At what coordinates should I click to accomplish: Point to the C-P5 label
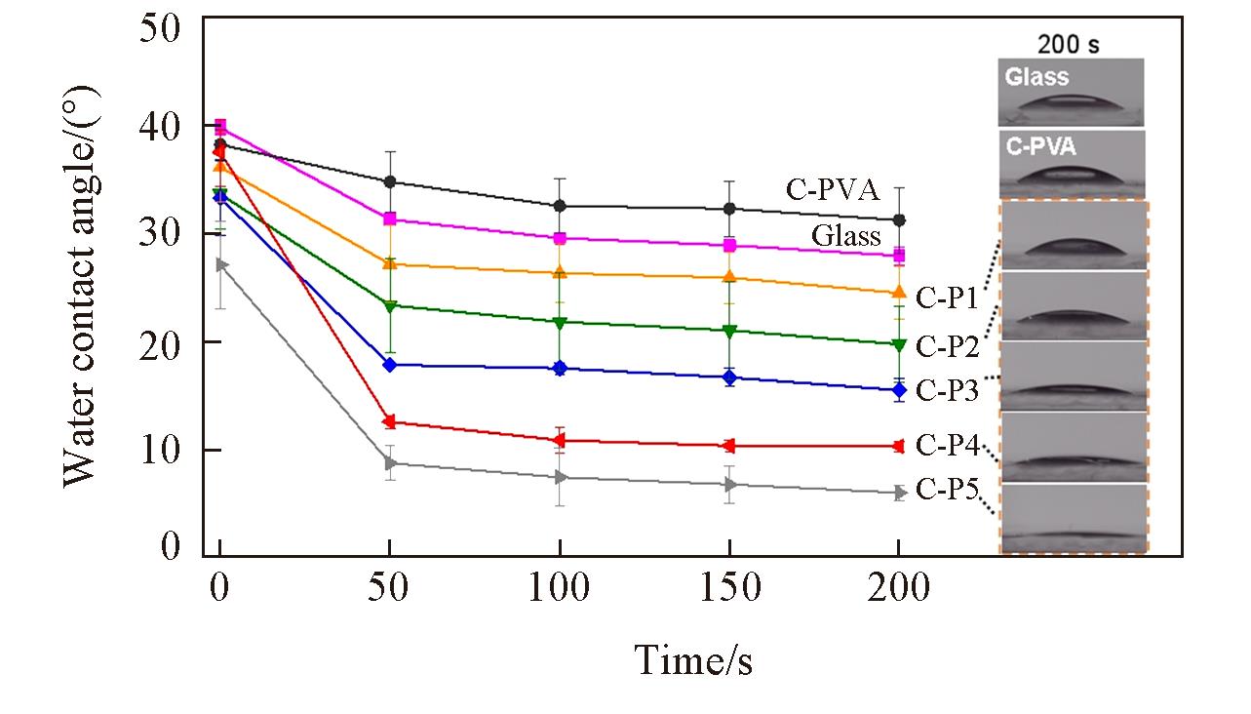(947, 489)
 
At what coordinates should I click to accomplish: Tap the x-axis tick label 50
(390, 588)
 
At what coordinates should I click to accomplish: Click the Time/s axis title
(693, 660)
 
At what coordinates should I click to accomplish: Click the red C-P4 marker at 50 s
(390, 422)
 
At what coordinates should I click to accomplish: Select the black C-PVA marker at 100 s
(560, 206)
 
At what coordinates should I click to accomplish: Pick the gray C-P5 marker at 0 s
(221, 264)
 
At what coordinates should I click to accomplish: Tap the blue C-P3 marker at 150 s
(728, 377)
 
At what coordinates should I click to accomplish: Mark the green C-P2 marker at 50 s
(390, 306)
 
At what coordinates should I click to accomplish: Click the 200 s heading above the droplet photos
(1070, 44)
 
